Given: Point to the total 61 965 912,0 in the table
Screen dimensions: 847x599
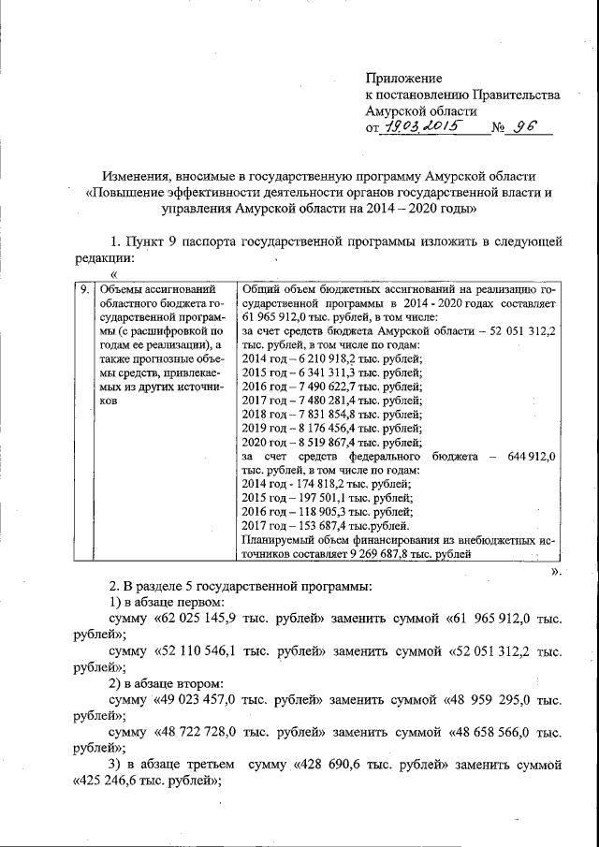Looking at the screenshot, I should (278, 318).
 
